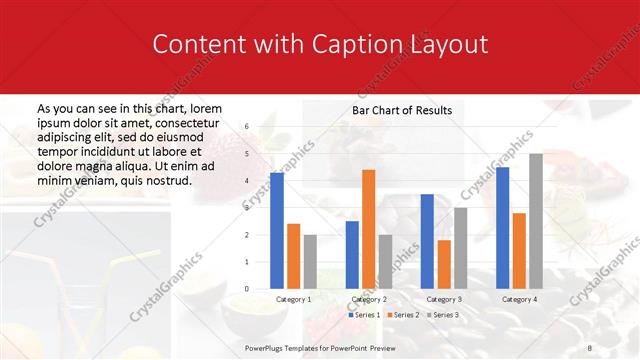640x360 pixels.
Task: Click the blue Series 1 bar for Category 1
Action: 277,231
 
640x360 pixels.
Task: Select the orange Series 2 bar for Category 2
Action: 369,229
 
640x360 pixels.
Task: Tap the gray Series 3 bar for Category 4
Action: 536,221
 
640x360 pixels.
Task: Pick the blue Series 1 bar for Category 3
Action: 427,241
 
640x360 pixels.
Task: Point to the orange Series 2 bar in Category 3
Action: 444,264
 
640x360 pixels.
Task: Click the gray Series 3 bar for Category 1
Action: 310,262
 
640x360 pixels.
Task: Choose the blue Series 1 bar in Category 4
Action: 502,228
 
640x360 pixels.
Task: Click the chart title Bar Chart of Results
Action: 402,110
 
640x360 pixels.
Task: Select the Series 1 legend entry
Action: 365,315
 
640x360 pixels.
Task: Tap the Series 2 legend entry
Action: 403,315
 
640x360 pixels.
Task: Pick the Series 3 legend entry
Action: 442,315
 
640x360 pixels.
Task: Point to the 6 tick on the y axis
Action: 246,128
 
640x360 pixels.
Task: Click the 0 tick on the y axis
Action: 246,289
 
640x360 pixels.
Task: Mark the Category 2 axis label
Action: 369,299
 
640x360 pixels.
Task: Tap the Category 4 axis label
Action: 519,299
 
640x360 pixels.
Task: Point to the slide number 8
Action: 588,346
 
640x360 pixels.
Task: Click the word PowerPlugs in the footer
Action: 264,346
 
